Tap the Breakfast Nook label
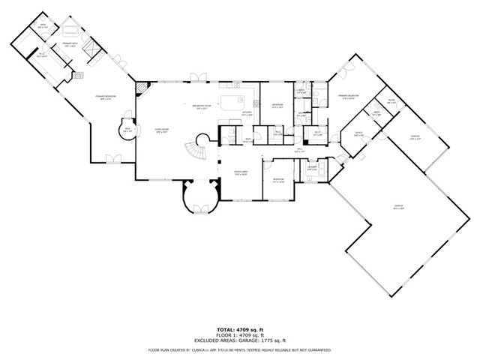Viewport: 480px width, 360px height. point(201,106)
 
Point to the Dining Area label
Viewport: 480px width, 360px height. point(240,173)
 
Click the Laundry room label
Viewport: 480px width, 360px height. point(311,169)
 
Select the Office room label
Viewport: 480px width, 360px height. point(358,133)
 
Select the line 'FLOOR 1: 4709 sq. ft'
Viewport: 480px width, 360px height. point(239,334)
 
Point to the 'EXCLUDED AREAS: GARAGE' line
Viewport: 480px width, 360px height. point(239,340)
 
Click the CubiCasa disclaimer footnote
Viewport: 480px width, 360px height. point(239,349)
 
